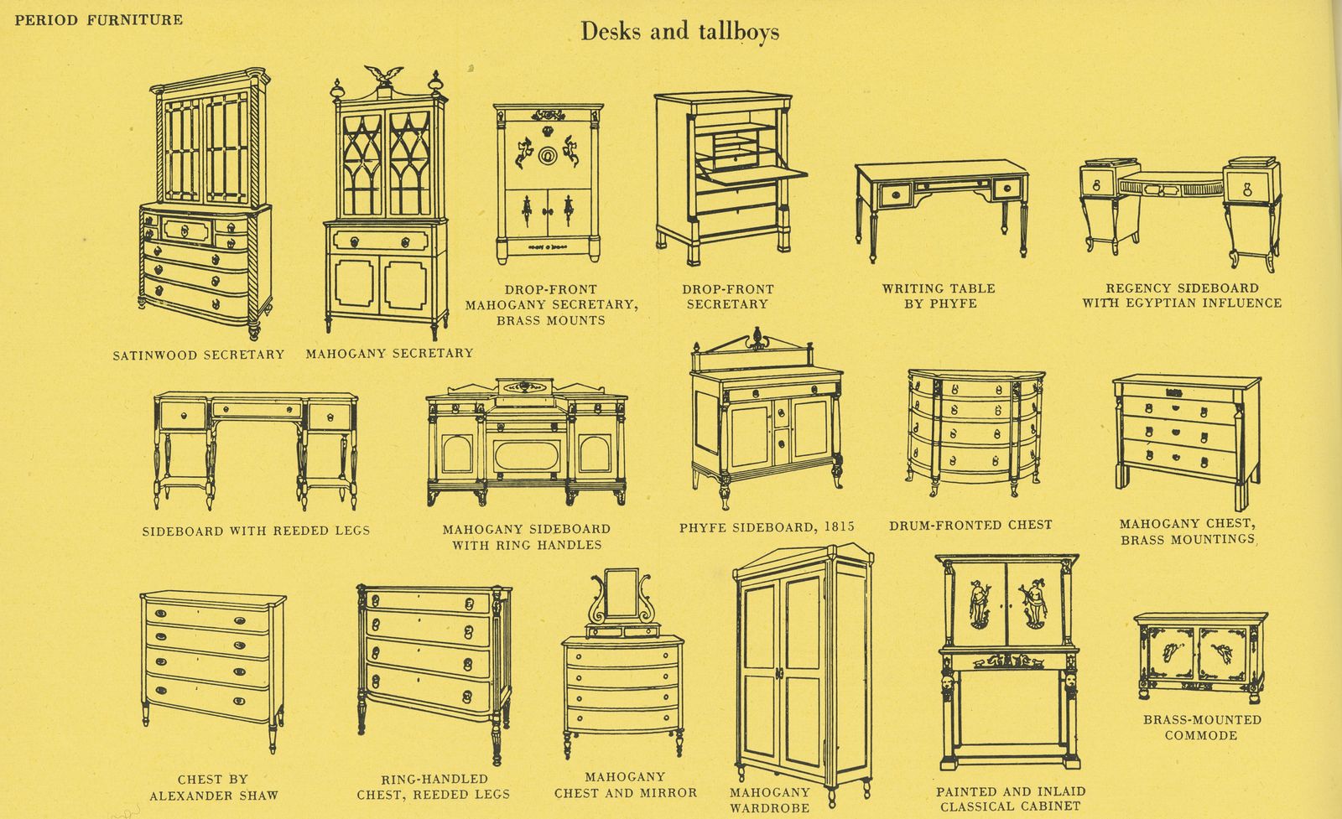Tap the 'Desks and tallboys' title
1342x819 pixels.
pyautogui.click(x=679, y=32)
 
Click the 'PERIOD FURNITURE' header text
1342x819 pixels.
pyautogui.click(x=98, y=19)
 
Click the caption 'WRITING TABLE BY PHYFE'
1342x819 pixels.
pyautogui.click(x=938, y=296)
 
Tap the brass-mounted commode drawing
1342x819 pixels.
pyautogui.click(x=1199, y=657)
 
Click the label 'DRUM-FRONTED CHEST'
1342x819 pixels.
pyautogui.click(x=970, y=525)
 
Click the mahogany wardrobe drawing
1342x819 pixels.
pyautogui.click(x=802, y=671)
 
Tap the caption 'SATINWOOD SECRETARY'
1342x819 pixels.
pyautogui.click(x=199, y=355)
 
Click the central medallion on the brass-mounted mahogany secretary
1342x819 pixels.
pyautogui.click(x=547, y=155)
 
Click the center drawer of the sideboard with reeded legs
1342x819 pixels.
pyautogui.click(x=256, y=410)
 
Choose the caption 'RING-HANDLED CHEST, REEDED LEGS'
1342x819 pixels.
pyautogui.click(x=434, y=786)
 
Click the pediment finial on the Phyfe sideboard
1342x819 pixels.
pyautogui.click(x=752, y=341)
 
